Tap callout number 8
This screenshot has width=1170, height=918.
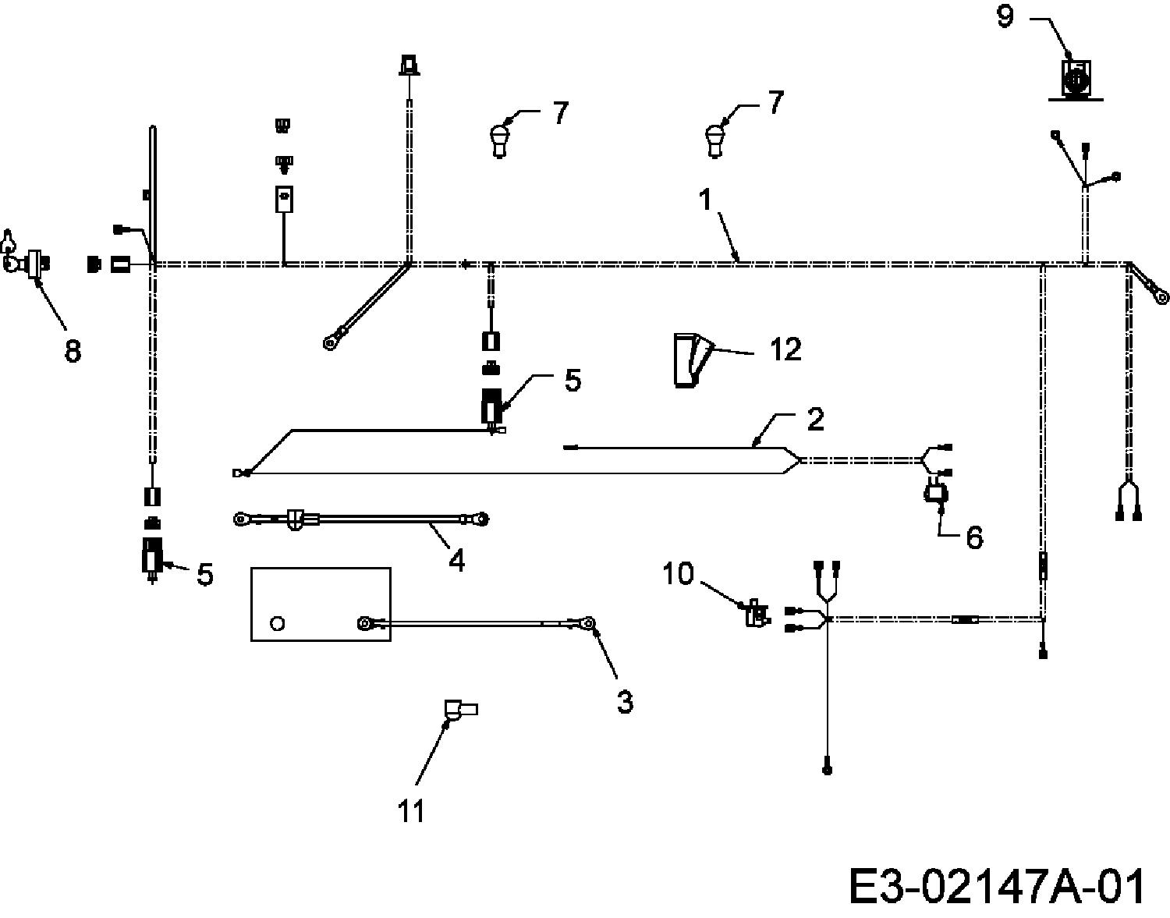tap(73, 351)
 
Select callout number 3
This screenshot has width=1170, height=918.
tap(625, 701)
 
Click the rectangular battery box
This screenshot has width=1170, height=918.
tap(321, 604)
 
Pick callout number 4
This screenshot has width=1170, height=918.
tap(456, 560)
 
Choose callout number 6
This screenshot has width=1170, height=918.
tap(974, 537)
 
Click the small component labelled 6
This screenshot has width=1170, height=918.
tap(936, 494)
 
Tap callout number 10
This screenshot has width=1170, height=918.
tap(678, 574)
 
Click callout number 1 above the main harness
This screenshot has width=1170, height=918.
tap(705, 200)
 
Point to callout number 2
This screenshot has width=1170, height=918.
tap(815, 418)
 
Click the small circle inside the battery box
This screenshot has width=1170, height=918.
tap(278, 623)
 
